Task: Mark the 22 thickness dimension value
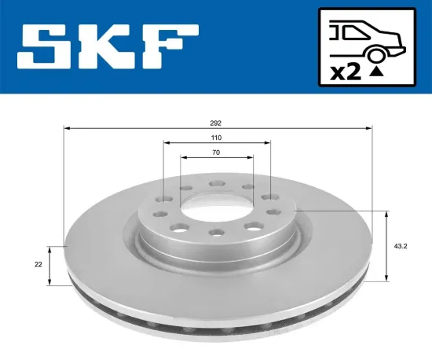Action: point(38,265)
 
